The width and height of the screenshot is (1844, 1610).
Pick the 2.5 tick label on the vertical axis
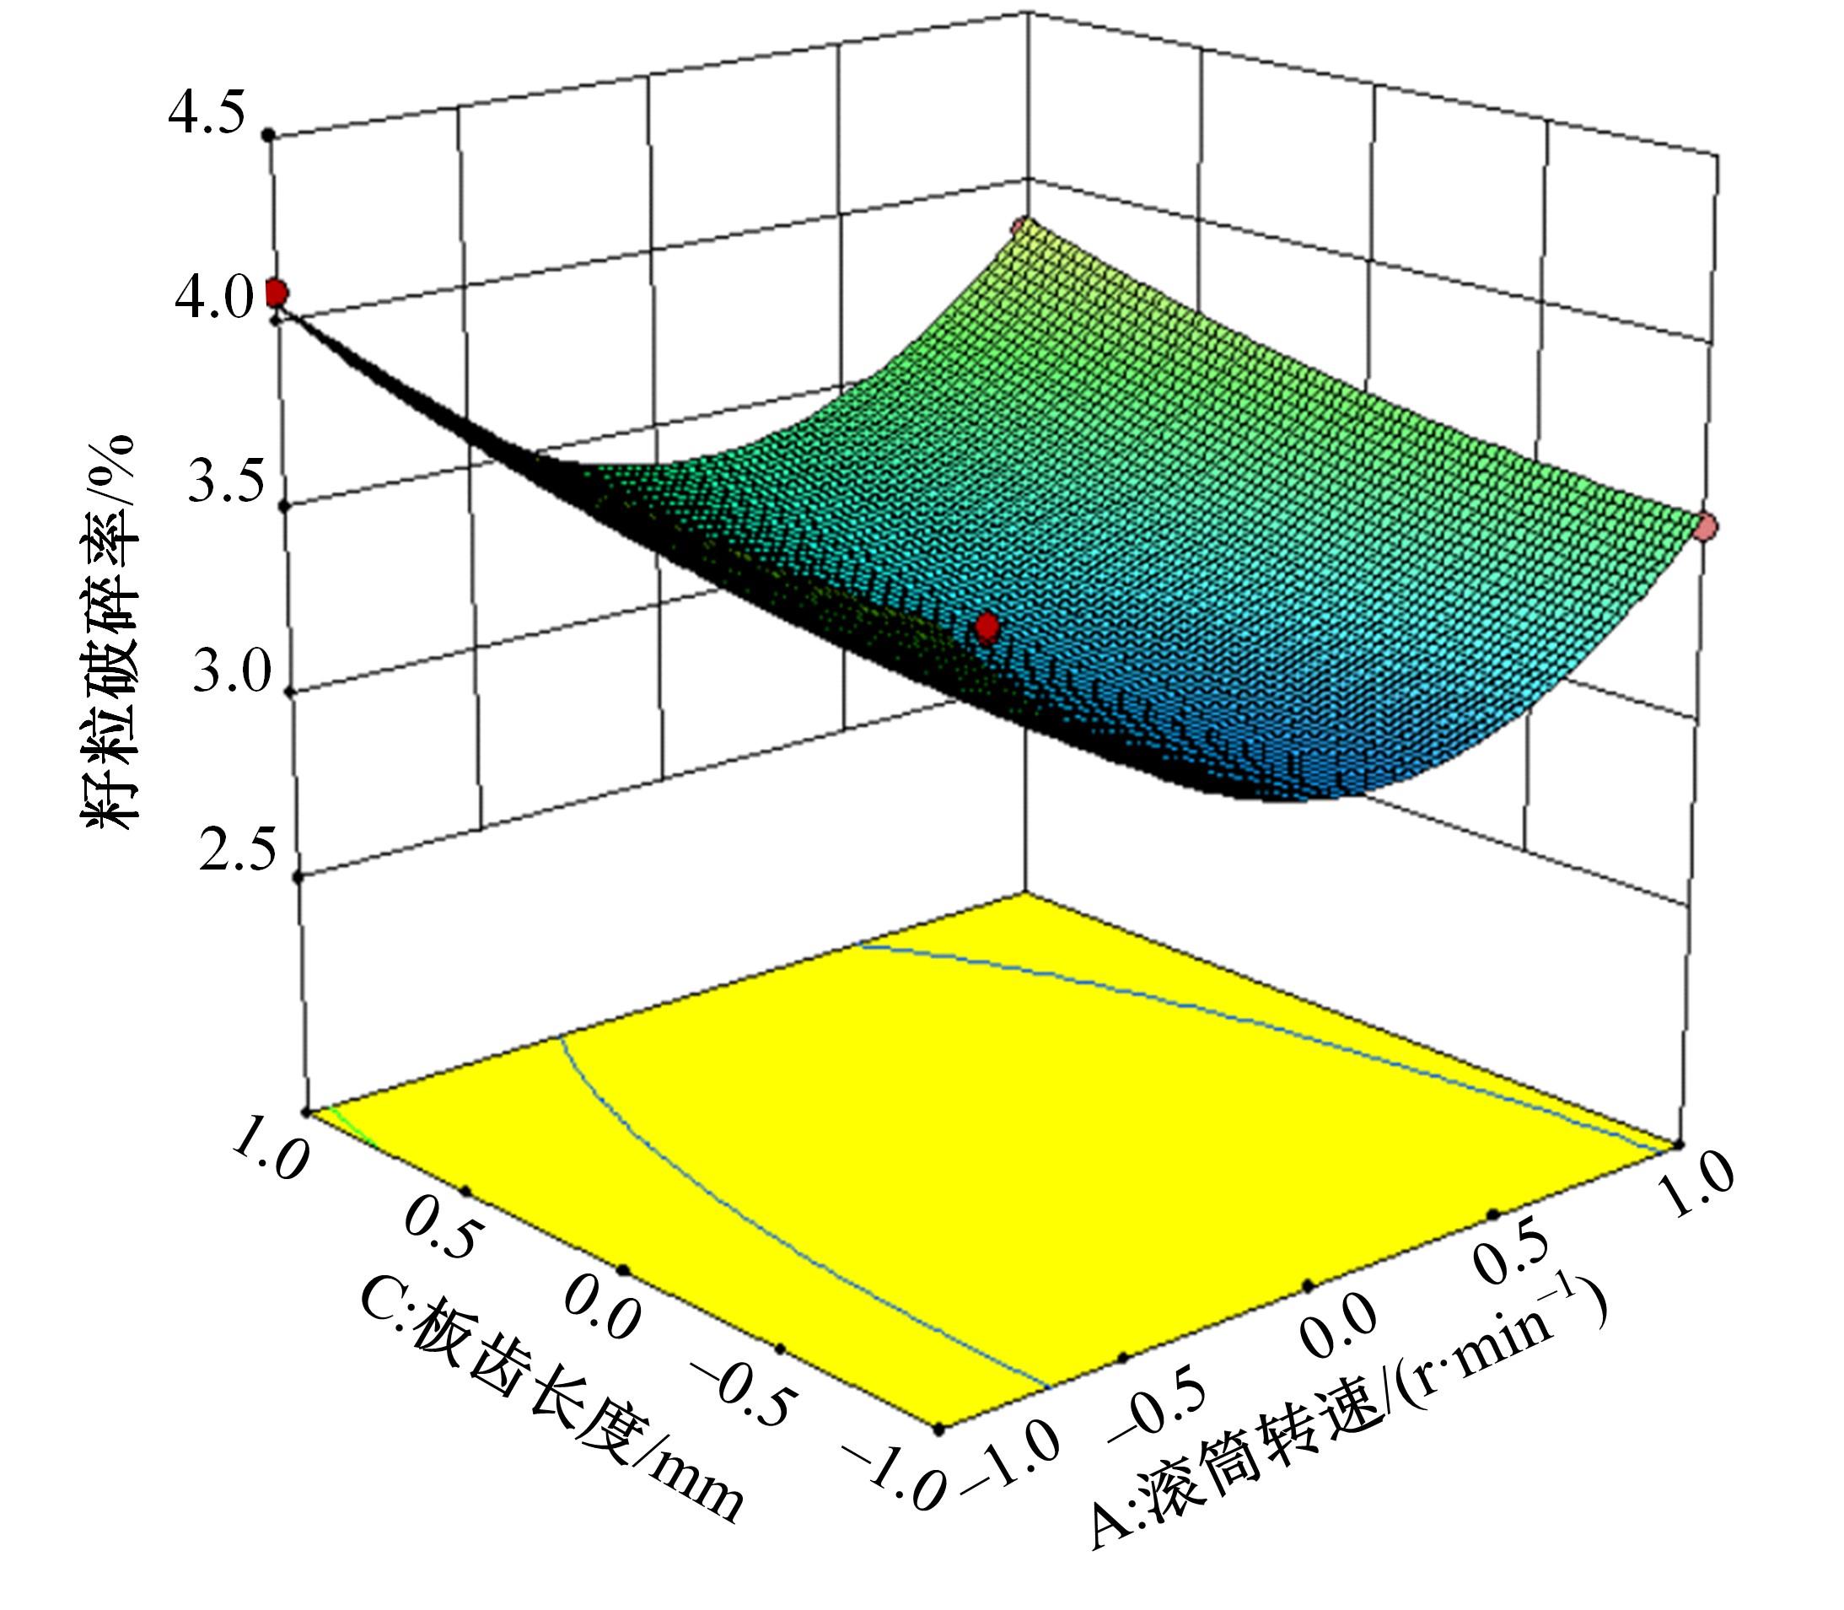click(237, 852)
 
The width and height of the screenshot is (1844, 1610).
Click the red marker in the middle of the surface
click(987, 627)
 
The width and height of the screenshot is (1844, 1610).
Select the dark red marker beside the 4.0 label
click(276, 293)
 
